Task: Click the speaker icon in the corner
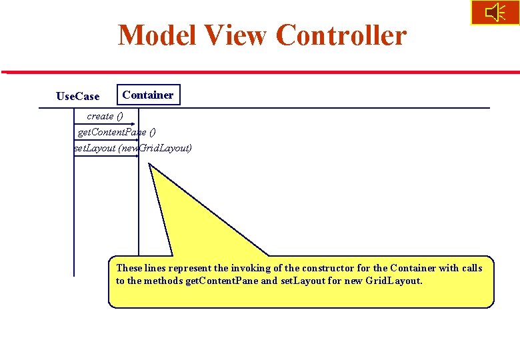(495, 13)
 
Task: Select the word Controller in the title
(341, 35)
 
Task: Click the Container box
(148, 95)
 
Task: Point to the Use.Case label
(78, 97)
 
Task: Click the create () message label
(105, 116)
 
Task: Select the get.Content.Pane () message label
(117, 132)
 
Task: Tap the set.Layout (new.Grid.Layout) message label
(133, 147)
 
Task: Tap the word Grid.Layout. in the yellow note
(394, 281)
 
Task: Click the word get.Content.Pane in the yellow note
(221, 281)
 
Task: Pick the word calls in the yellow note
(471, 268)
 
